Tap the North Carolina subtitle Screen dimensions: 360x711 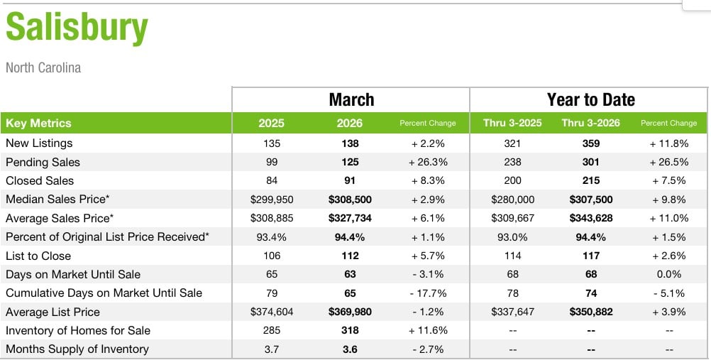pyautogui.click(x=43, y=68)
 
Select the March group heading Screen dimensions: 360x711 pyautogui.click(x=351, y=99)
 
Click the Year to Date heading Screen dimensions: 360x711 pyautogui.click(x=590, y=99)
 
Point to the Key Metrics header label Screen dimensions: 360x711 pyautogui.click(x=38, y=123)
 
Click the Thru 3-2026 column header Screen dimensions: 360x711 pyautogui.click(x=590, y=123)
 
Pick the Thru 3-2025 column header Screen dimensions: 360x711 pyautogui.click(x=512, y=123)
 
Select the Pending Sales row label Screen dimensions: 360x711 pyautogui.click(x=43, y=162)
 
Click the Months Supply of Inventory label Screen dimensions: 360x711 pyautogui.click(x=77, y=349)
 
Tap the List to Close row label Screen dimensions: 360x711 pyautogui.click(x=38, y=256)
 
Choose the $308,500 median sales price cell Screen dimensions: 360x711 pyautogui.click(x=350, y=200)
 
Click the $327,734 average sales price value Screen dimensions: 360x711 pyautogui.click(x=350, y=218)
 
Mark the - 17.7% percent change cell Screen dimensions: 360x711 pyautogui.click(x=427, y=293)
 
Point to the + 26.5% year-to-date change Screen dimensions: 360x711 pyautogui.click(x=668, y=162)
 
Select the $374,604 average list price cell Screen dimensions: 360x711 pyautogui.click(x=272, y=312)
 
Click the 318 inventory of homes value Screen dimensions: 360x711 pyautogui.click(x=350, y=330)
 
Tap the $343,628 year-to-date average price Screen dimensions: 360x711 pyautogui.click(x=590, y=218)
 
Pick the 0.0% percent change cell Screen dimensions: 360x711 pyautogui.click(x=668, y=274)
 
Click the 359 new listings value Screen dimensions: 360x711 pyautogui.click(x=590, y=143)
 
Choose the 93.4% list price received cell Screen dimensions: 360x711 pyautogui.click(x=272, y=237)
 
